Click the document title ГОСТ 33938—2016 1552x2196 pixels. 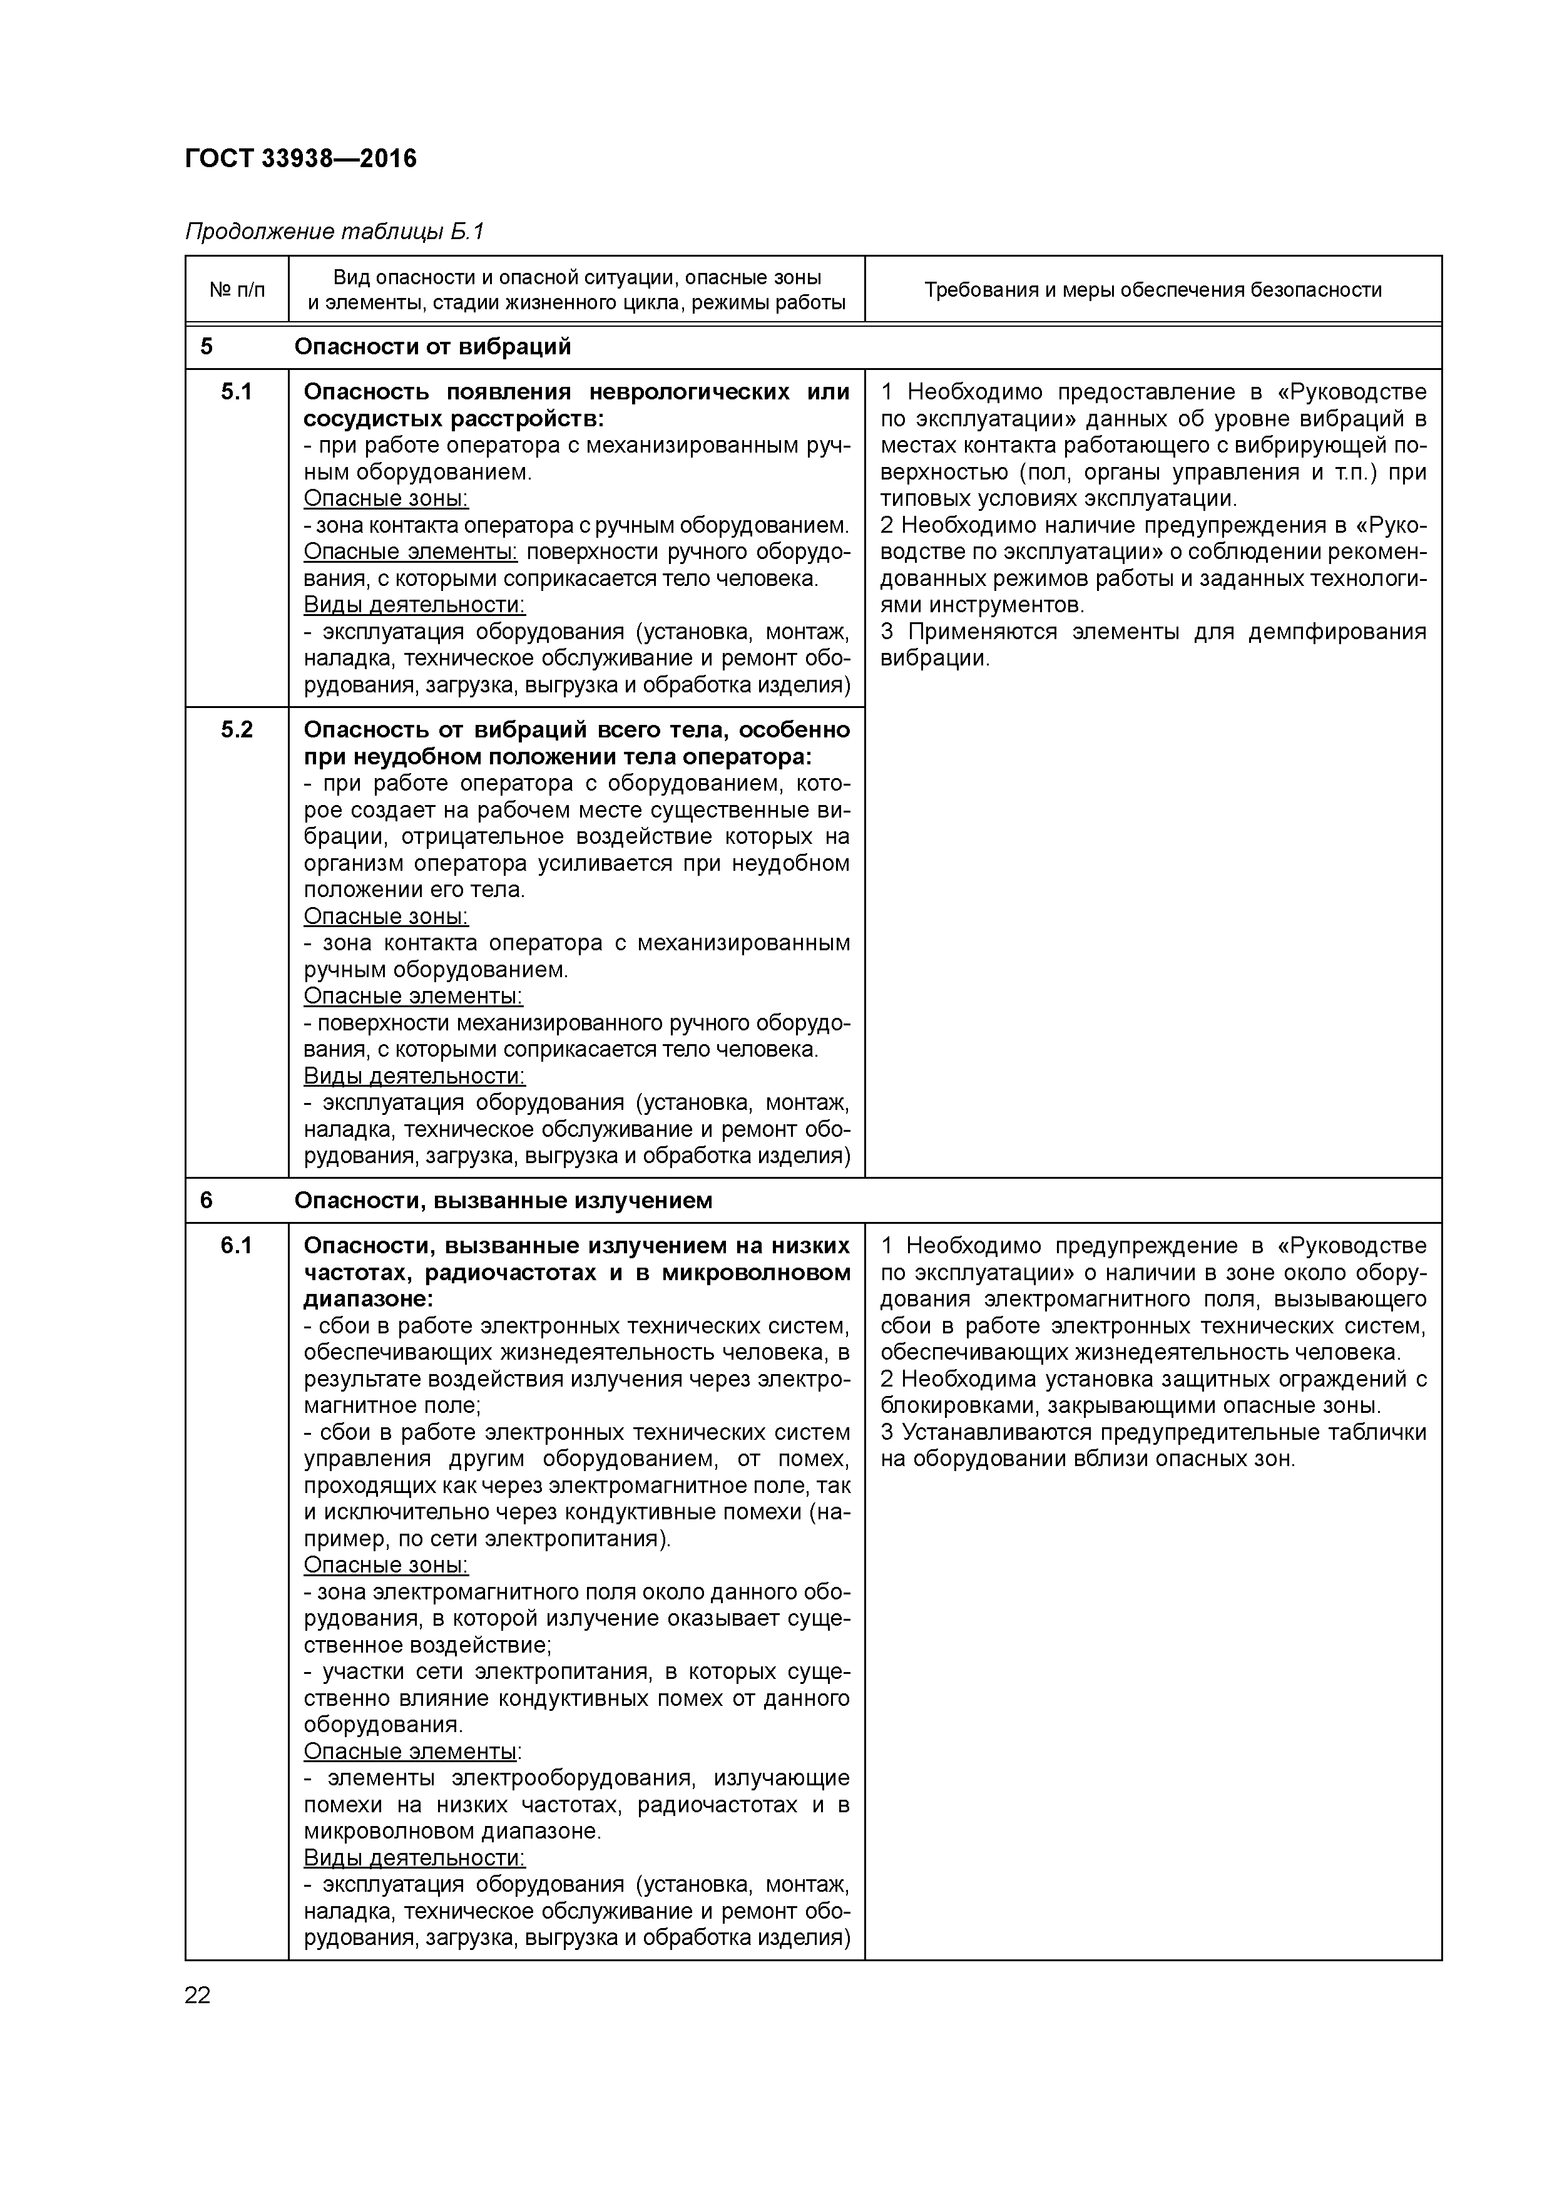[x=300, y=158]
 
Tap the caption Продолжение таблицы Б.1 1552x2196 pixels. [x=335, y=232]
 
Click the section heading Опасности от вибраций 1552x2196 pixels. [x=432, y=346]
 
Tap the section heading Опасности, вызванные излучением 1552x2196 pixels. [x=503, y=1200]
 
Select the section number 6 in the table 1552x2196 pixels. [x=207, y=1200]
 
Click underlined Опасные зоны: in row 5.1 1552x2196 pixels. [x=385, y=498]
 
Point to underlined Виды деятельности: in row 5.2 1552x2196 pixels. [x=414, y=1076]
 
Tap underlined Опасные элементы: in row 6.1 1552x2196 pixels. [x=412, y=1752]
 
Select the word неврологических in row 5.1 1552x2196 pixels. [x=687, y=391]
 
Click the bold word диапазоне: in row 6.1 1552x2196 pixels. [x=368, y=1299]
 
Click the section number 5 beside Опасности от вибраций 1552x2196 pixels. [x=207, y=346]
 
